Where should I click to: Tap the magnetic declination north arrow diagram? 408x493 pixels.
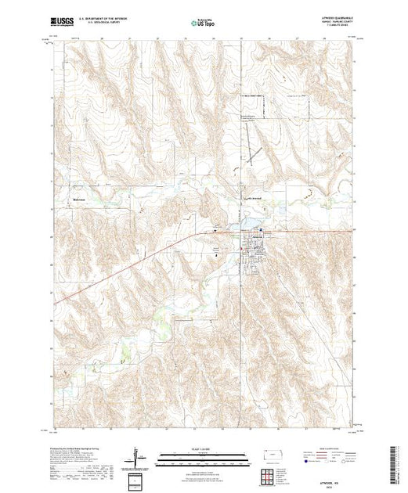(139, 457)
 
